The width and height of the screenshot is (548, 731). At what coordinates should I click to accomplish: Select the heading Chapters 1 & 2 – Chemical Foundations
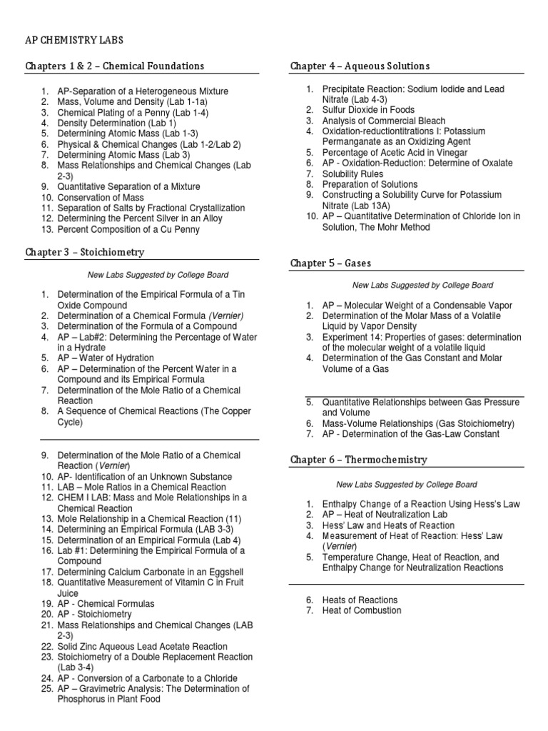(x=115, y=66)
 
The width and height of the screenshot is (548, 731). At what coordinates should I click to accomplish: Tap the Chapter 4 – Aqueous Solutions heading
(x=360, y=66)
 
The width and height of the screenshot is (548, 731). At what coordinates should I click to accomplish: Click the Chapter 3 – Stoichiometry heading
(x=84, y=252)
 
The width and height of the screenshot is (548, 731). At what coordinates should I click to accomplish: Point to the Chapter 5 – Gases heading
(x=330, y=263)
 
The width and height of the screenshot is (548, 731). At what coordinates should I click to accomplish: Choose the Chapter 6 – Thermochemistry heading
(x=359, y=460)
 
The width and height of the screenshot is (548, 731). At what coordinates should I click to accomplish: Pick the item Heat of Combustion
(x=362, y=610)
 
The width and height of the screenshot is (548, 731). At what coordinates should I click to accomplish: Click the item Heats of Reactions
(x=360, y=600)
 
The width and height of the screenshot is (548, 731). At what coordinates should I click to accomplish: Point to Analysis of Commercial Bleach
(x=383, y=121)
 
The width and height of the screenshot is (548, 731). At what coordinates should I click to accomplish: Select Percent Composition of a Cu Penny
(x=128, y=230)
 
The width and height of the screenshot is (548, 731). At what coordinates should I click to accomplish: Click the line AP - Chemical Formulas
(x=106, y=603)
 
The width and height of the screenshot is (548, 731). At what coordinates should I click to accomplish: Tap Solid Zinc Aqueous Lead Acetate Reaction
(x=142, y=646)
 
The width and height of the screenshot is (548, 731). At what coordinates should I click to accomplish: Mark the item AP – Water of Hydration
(x=106, y=358)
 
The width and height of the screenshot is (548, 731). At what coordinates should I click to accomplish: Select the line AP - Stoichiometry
(x=95, y=614)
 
